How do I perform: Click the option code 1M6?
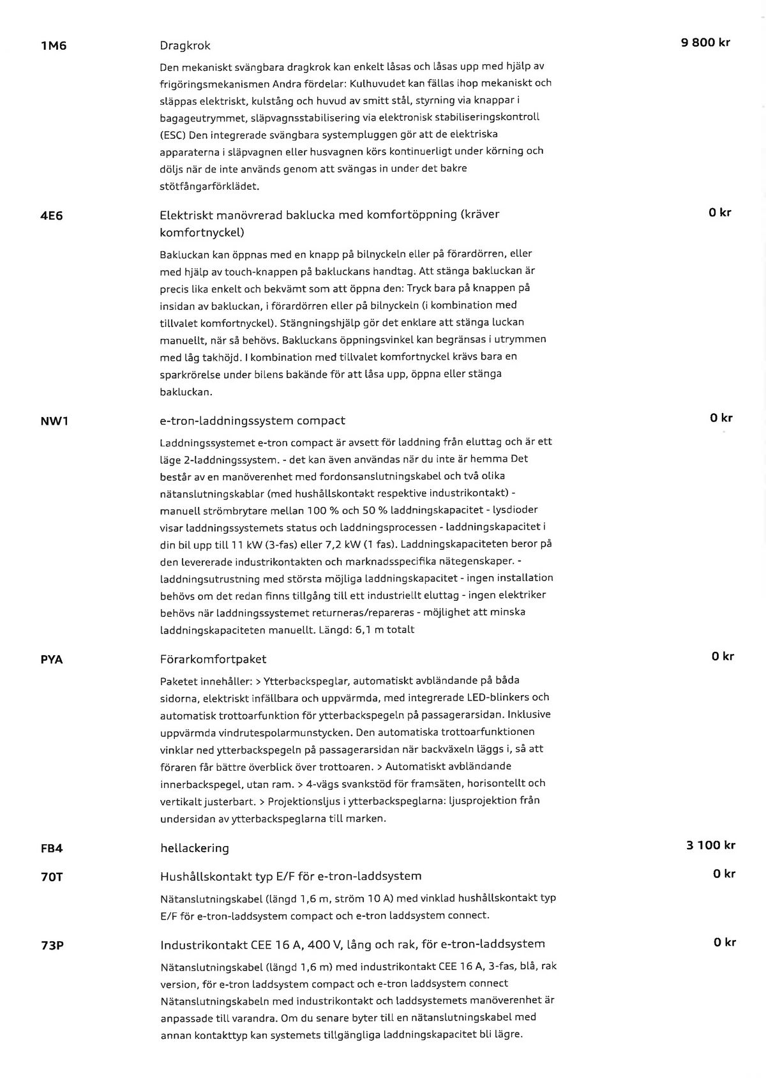[54, 47]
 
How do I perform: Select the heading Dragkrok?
[184, 46]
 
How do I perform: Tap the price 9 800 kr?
[705, 43]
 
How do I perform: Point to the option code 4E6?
[52, 216]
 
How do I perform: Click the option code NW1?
[54, 422]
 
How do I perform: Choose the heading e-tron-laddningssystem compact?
[252, 421]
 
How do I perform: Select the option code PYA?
[52, 660]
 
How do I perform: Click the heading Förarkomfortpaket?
[213, 659]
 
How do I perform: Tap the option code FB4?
[52, 849]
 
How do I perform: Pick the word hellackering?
[195, 849]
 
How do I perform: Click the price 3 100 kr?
[710, 845]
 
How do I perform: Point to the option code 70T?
[52, 877]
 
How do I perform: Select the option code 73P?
[52, 945]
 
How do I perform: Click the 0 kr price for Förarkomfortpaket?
[723, 656]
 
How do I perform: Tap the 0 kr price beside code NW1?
[721, 418]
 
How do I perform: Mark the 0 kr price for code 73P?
[725, 942]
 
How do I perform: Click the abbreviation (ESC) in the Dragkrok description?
[173, 135]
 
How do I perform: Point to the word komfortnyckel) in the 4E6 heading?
[202, 232]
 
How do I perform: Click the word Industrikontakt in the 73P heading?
[202, 944]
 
